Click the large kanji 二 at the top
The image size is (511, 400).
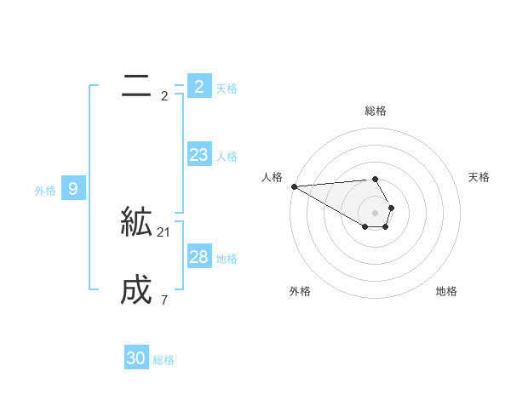pos(136,86)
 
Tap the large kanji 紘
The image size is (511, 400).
pos(136,223)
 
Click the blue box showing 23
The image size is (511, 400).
pos(198,155)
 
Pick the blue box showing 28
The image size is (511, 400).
pos(198,257)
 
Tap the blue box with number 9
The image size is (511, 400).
pos(73,189)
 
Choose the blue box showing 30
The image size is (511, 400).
pos(136,358)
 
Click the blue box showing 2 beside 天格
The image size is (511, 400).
pos(198,86)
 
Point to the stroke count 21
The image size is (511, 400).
pos(164,232)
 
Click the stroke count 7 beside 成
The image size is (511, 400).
pos(164,300)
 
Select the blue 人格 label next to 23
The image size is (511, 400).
pos(227,157)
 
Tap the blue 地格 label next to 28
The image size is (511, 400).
pos(227,259)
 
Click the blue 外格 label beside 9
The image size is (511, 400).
pos(45,191)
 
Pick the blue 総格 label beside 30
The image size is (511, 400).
pos(164,360)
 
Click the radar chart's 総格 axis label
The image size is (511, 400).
pos(376,111)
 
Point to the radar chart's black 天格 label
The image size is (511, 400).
pos(479,177)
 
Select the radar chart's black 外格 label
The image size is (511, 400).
pos(300,291)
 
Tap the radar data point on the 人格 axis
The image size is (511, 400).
pos(294,186)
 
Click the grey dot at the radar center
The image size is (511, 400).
pos(375,213)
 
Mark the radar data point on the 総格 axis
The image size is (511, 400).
pos(375,179)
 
